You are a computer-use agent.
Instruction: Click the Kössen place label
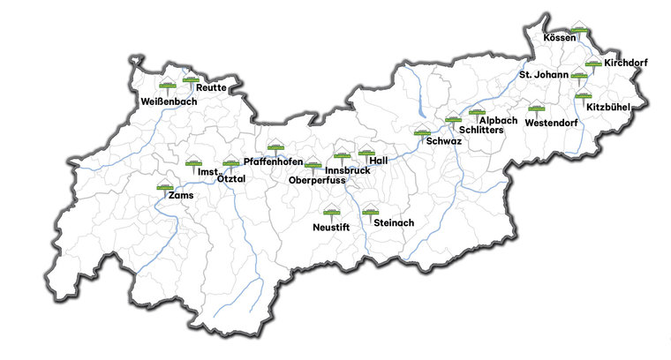[560, 38]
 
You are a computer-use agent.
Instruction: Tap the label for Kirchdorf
[625, 63]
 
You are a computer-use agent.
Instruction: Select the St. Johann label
[543, 75]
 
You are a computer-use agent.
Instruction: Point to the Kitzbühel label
[607, 107]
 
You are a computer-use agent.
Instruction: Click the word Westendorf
[551, 123]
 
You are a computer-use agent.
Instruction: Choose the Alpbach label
[498, 120]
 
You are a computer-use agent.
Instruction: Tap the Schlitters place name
[481, 130]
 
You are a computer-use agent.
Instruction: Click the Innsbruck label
[347, 169]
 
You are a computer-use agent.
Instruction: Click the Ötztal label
[231, 179]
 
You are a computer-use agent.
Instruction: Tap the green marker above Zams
[165, 187]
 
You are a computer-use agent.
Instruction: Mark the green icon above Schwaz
[422, 134]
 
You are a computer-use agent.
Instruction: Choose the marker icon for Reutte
[191, 79]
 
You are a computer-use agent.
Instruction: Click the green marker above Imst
[194, 162]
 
